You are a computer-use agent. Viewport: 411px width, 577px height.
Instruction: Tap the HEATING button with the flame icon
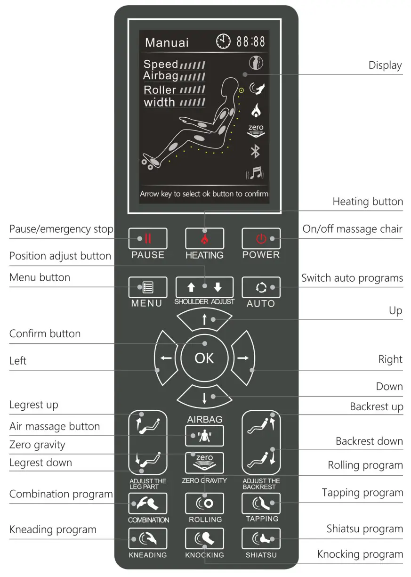tap(204, 239)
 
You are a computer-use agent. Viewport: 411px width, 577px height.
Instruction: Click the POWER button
tap(261, 239)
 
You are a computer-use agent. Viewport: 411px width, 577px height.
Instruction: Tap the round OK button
tap(204, 358)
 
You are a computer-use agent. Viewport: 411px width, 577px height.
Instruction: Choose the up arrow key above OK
tap(204, 320)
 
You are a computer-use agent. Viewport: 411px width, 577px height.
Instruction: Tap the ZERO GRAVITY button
tap(204, 463)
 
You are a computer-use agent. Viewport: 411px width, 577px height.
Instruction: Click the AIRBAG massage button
tap(204, 436)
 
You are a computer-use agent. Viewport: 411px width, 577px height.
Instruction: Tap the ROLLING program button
tap(204, 504)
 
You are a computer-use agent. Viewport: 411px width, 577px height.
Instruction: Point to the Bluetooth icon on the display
tap(255, 152)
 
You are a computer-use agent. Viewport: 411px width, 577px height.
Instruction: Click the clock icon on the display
tap(224, 42)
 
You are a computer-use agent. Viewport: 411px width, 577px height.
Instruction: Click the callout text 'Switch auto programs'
tap(352, 278)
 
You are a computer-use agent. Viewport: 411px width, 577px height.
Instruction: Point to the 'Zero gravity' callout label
tap(37, 445)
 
